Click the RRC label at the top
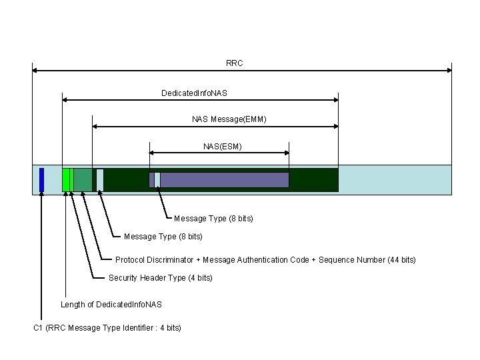pos(234,63)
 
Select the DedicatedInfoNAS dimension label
pos(194,93)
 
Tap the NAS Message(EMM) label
pos(229,119)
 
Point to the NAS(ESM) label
pos(222,146)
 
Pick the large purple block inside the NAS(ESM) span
pos(224,180)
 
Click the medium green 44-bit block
pos(83,180)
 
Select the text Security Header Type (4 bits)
pos(161,278)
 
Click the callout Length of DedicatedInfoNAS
pos(111,305)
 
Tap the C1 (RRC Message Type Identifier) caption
pos(107,328)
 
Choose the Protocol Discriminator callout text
pos(265,260)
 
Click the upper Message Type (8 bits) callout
pos(213,219)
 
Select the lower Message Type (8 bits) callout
pos(163,237)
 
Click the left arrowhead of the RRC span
pos(35,70)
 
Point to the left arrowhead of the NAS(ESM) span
pos(152,153)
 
